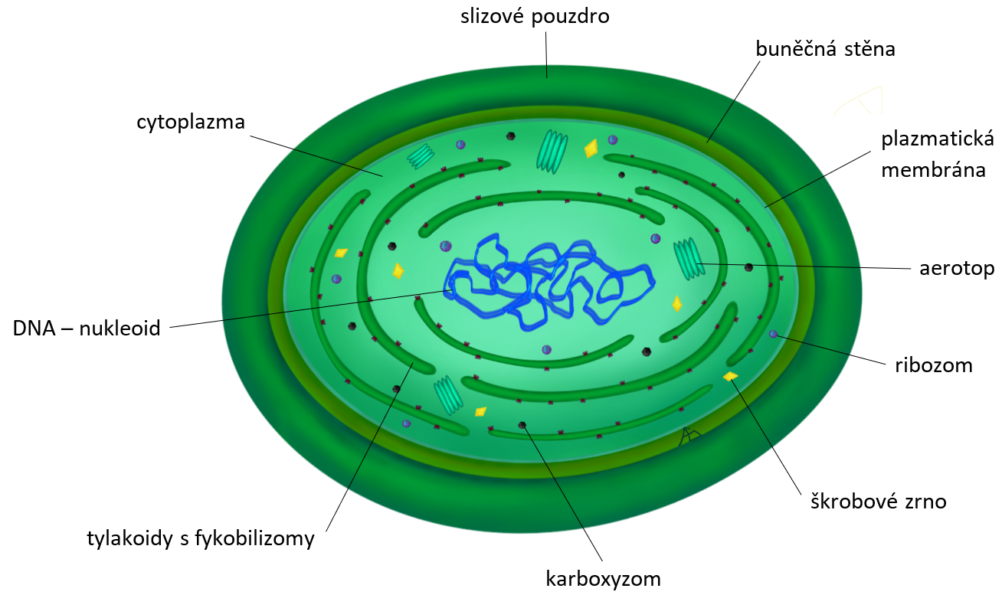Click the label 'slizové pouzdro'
coord(535,16)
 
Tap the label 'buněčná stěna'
coord(824,50)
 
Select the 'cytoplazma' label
coord(191,122)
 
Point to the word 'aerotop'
coord(957,268)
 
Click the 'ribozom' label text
coord(933,365)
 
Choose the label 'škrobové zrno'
coord(879,502)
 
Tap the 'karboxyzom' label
coord(603,577)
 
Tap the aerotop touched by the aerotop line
coord(687,258)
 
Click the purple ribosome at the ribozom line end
coord(774,334)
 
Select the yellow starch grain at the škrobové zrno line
coord(730,376)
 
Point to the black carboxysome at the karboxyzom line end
coord(522,424)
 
